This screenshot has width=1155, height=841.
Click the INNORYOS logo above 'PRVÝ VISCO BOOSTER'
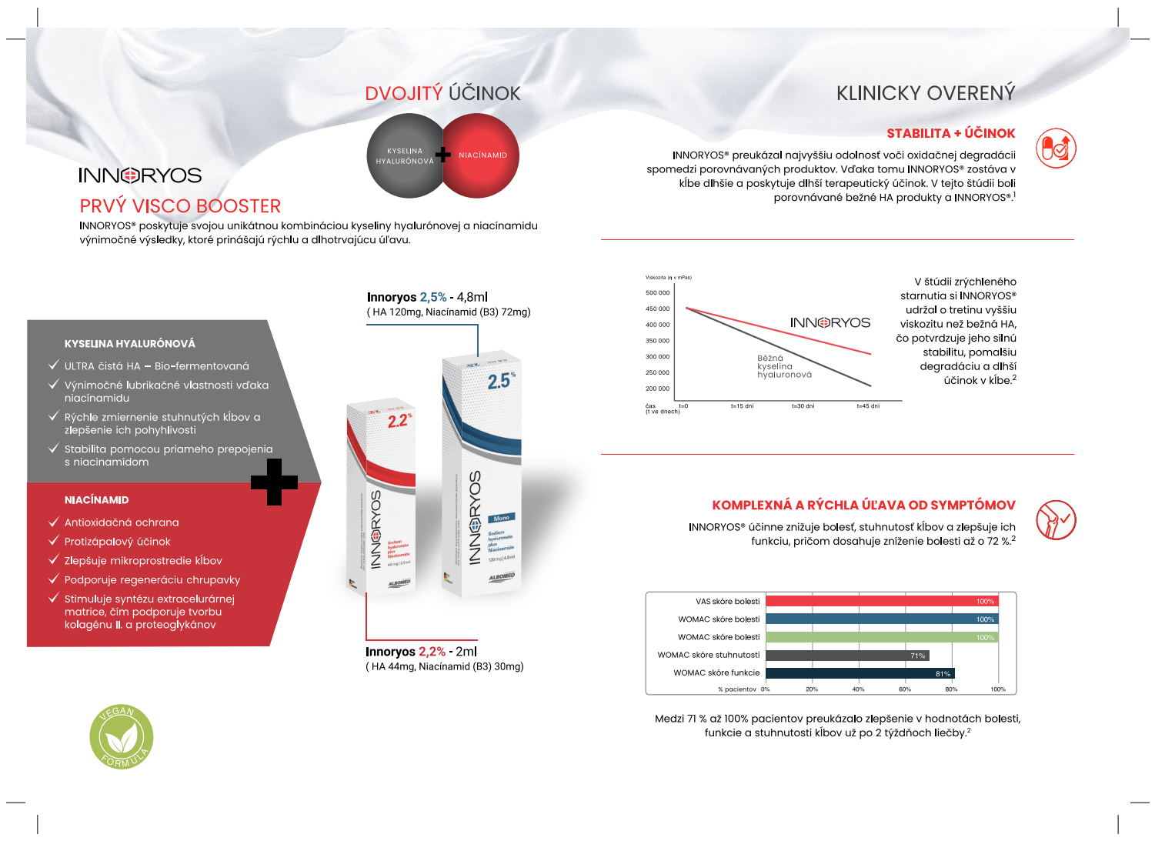point(140,175)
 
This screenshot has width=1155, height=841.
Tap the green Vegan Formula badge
point(121,737)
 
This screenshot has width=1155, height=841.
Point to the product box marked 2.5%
point(482,477)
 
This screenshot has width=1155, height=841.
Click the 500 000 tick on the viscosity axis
point(657,293)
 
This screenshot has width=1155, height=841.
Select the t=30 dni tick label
point(803,406)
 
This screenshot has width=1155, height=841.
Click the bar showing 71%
point(847,656)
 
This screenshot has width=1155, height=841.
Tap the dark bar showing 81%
point(860,673)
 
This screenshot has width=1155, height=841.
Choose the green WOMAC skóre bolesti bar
point(881,637)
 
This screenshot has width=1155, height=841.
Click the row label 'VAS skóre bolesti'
point(727,602)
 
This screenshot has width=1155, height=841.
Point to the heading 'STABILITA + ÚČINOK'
point(950,134)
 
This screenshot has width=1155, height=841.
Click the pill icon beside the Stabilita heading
point(1056,149)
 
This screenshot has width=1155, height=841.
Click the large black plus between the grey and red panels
point(274,482)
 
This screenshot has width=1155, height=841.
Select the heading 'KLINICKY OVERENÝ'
point(926,94)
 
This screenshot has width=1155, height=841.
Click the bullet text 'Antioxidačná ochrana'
point(122,522)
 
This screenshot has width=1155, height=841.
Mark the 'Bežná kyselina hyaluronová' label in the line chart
point(784,366)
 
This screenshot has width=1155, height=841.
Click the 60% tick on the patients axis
point(905,689)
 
